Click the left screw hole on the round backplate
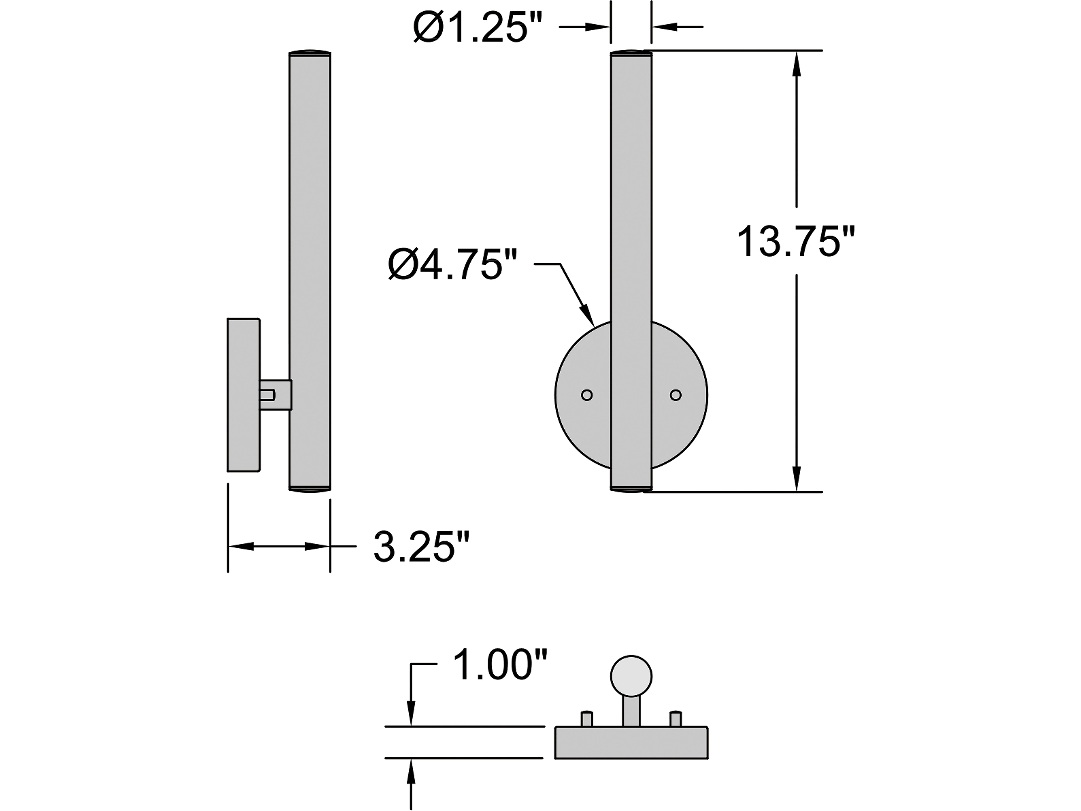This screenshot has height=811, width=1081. [587, 395]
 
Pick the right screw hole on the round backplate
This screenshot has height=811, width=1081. [676, 395]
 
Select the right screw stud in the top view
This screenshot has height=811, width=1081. [676, 719]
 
